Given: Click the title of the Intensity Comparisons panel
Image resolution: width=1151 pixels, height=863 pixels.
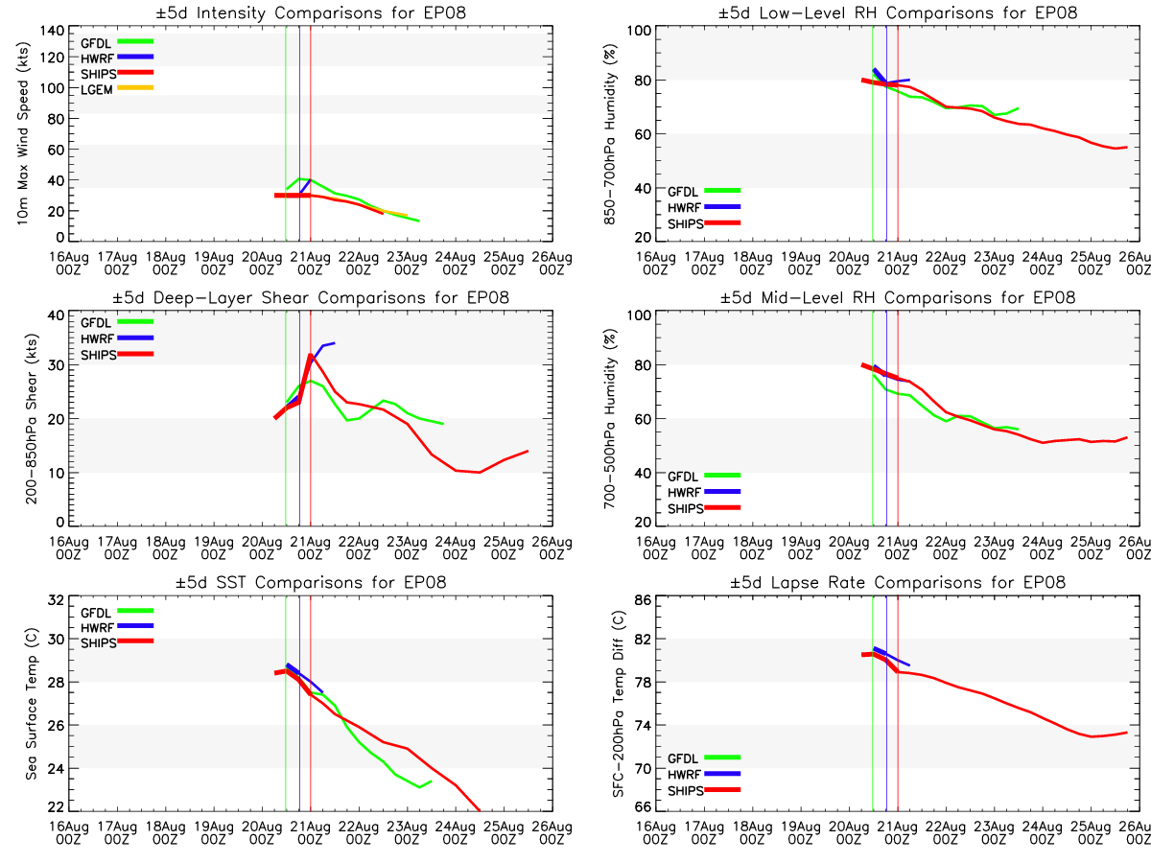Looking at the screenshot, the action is pyautogui.click(x=311, y=12).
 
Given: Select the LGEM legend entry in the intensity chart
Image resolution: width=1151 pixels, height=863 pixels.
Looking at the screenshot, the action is pyautogui.click(x=116, y=89).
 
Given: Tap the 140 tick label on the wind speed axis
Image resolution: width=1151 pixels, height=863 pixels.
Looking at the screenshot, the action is pyautogui.click(x=53, y=31).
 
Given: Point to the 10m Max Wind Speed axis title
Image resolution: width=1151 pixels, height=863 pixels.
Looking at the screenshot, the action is pyautogui.click(x=23, y=133).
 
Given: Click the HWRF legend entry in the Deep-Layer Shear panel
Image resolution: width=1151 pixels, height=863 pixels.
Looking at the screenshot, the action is pyautogui.click(x=116, y=338).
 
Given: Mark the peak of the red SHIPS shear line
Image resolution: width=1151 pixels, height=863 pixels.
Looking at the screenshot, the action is pyautogui.click(x=311, y=355).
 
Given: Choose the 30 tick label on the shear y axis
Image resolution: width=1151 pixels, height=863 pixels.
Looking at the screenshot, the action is pyautogui.click(x=56, y=365).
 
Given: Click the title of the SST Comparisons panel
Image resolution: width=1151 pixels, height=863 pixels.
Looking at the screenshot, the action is pyautogui.click(x=311, y=582).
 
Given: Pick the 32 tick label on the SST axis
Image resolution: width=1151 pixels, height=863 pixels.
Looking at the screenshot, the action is pyautogui.click(x=56, y=600).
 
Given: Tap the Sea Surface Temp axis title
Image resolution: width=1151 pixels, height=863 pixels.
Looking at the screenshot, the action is pyautogui.click(x=32, y=703).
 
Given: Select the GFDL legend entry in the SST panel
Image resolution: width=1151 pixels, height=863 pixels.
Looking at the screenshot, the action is pyautogui.click(x=116, y=613).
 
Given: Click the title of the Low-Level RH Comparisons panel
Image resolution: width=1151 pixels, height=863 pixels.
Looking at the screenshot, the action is pyautogui.click(x=898, y=12).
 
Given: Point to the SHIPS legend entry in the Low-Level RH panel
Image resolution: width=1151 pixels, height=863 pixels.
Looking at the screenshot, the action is pyautogui.click(x=704, y=223).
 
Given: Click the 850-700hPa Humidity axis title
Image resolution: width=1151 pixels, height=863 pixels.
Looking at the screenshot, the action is pyautogui.click(x=609, y=133).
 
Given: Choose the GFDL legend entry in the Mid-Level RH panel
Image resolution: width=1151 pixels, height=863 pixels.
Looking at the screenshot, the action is pyautogui.click(x=704, y=477).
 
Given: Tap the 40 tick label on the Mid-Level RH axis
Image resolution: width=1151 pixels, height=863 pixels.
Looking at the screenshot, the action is pyautogui.click(x=643, y=473).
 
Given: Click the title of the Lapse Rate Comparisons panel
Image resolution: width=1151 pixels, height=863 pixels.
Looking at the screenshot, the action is pyautogui.click(x=898, y=582).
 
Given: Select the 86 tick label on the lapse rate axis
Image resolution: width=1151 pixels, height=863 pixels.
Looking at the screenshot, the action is pyautogui.click(x=643, y=600).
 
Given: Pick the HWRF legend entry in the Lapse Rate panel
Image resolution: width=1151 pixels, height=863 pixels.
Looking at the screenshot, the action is pyautogui.click(x=704, y=775).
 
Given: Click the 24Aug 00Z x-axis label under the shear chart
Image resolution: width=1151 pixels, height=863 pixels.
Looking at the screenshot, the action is pyautogui.click(x=456, y=548).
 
